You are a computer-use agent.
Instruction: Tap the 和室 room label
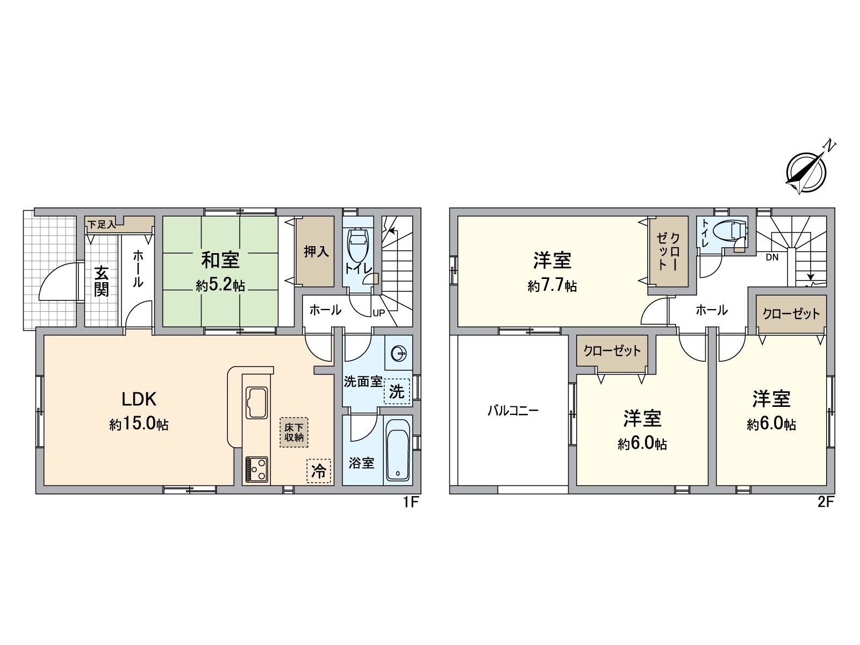pyautogui.click(x=220, y=261)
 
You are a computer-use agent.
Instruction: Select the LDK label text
pyautogui.click(x=139, y=399)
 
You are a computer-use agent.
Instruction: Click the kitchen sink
pyautogui.click(x=256, y=403)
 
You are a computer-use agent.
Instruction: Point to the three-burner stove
pyautogui.click(x=256, y=470)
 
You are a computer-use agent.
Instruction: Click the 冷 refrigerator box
pyautogui.click(x=319, y=471)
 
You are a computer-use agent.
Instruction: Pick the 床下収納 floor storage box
pyautogui.click(x=294, y=432)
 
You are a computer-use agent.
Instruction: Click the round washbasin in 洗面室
pyautogui.click(x=399, y=354)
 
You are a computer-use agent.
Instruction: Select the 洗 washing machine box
pyautogui.click(x=397, y=391)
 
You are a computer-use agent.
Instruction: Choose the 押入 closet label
pyautogui.click(x=316, y=252)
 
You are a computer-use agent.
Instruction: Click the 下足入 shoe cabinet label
pyautogui.click(x=101, y=225)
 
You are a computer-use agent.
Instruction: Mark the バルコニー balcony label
pyautogui.click(x=513, y=411)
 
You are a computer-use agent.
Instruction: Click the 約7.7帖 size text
pyautogui.click(x=552, y=286)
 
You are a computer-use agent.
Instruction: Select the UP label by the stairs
pyautogui.click(x=379, y=313)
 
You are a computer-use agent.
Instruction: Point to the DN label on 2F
pyautogui.click(x=772, y=257)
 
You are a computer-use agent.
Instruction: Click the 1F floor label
pyautogui.click(x=411, y=501)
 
